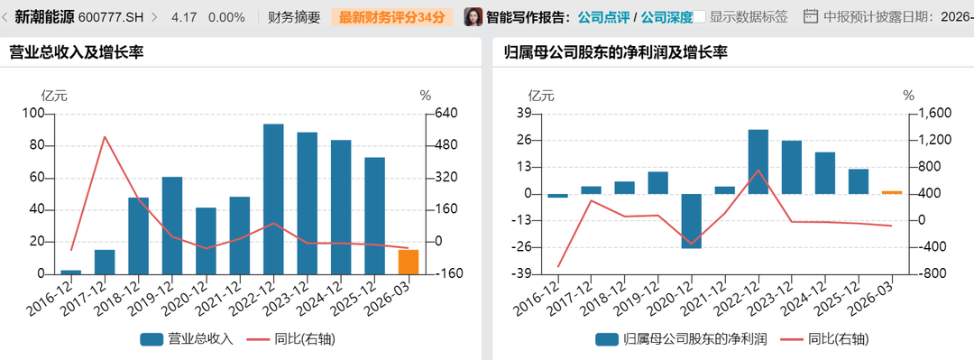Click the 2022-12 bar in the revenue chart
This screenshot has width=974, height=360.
coord(273,199)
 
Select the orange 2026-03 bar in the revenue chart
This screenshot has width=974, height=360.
coord(409,262)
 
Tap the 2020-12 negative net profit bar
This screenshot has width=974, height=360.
coord(692,221)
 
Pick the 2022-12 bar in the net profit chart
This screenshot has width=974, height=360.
coord(758,162)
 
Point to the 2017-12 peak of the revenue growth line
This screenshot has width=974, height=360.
coord(105,137)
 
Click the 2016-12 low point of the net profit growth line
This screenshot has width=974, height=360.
coord(558,267)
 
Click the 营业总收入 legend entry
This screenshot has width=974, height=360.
coord(187,339)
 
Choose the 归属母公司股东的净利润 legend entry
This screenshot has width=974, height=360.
coord(681,339)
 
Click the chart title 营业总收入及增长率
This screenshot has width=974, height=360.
coord(77,53)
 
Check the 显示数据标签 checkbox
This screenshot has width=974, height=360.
coord(700,17)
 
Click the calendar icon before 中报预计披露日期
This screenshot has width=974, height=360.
coord(811,17)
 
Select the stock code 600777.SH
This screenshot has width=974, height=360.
coord(111,17)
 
